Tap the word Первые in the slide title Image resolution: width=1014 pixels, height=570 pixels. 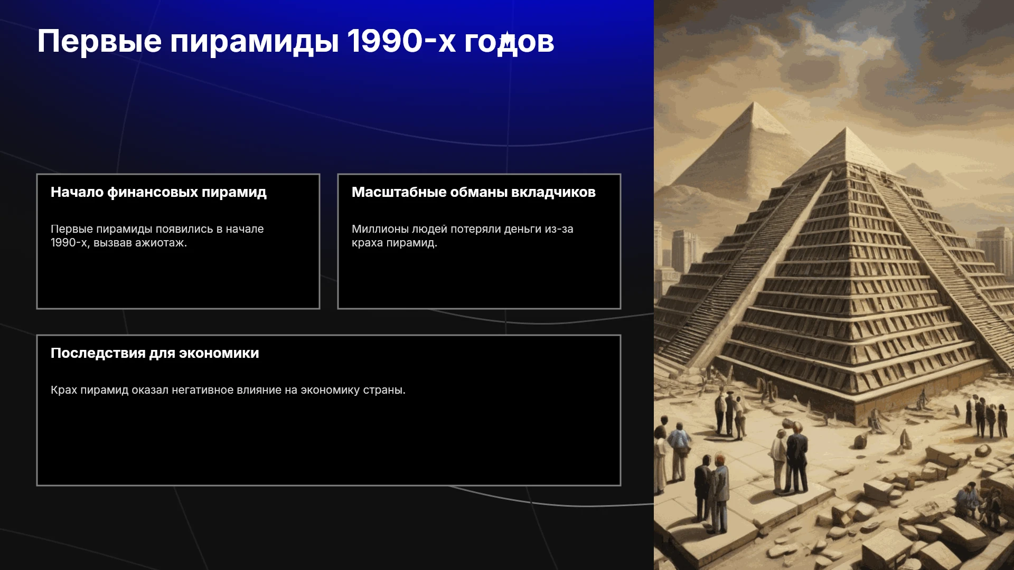click(x=99, y=41)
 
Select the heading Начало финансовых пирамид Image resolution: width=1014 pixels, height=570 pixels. click(x=158, y=193)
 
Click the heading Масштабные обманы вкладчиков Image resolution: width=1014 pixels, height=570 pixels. click(x=474, y=192)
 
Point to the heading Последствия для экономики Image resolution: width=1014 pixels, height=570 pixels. click(x=155, y=353)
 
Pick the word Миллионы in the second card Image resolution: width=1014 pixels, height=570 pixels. click(x=380, y=229)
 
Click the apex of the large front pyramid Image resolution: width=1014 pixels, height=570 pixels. click(x=846, y=128)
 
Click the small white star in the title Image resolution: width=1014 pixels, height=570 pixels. click(x=506, y=36)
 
